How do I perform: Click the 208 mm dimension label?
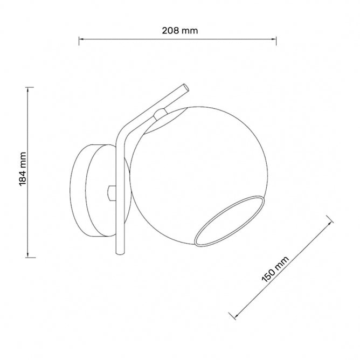tap(180, 31)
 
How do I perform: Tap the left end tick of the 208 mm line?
tap(80, 39)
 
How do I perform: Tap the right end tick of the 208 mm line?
tap(276, 39)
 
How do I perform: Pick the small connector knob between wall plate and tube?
tap(111, 191)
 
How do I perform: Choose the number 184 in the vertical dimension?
tap(23, 175)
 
